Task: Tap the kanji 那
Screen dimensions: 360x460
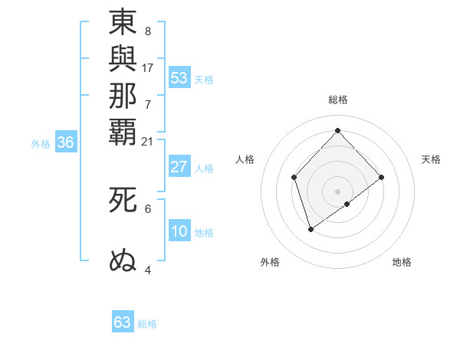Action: coord(123,95)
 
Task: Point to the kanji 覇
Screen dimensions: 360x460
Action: coord(123,131)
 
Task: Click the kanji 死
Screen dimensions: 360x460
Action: coord(123,200)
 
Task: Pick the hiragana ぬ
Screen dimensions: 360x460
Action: coord(123,260)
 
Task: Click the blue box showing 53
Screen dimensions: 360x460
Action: coord(179,77)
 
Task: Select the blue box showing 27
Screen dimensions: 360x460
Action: coord(179,167)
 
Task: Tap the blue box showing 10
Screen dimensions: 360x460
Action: coord(179,231)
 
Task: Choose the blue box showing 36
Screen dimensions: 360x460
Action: coord(66,142)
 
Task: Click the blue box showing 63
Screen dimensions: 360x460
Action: coord(123,322)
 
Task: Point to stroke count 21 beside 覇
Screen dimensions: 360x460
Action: coord(148,141)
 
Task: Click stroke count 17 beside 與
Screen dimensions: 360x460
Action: coord(148,67)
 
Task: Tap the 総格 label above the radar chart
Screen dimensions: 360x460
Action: coord(338,100)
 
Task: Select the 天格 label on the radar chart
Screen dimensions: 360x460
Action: coord(431,159)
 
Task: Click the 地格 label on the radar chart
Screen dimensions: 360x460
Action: coord(402,262)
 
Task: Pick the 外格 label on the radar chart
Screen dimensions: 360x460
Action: coord(270,262)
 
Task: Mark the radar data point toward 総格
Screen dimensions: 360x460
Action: coord(338,130)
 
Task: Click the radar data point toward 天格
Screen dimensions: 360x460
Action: coord(382,177)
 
